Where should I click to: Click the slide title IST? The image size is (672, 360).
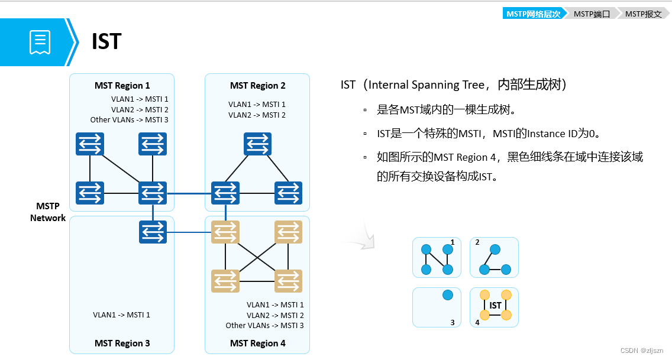(x=106, y=42)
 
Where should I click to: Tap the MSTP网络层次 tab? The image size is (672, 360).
(x=533, y=14)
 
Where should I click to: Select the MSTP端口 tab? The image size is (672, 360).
(x=591, y=14)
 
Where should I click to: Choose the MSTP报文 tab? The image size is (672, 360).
(x=643, y=14)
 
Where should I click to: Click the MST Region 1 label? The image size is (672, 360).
(x=122, y=86)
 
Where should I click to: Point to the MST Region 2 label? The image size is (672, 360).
(x=257, y=86)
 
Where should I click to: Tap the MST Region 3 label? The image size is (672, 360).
(x=122, y=343)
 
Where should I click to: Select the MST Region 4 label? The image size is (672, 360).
(x=257, y=343)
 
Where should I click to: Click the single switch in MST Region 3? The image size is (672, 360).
(x=153, y=232)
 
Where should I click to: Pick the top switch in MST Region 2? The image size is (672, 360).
(x=257, y=144)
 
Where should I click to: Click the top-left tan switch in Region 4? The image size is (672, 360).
(x=225, y=232)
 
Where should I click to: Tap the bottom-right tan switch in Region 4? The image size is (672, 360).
(x=288, y=281)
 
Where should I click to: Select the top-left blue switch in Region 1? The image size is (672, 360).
(x=90, y=144)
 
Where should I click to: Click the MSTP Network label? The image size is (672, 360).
(x=48, y=212)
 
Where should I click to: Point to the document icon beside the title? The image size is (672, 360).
(x=40, y=42)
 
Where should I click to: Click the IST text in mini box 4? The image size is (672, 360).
(x=495, y=306)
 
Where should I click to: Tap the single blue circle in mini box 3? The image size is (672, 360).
(x=448, y=294)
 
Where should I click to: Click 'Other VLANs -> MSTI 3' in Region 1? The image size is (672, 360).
(x=129, y=120)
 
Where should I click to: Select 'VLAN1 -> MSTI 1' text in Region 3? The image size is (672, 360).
(x=121, y=315)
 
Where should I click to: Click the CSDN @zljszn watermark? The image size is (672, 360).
(x=643, y=351)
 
